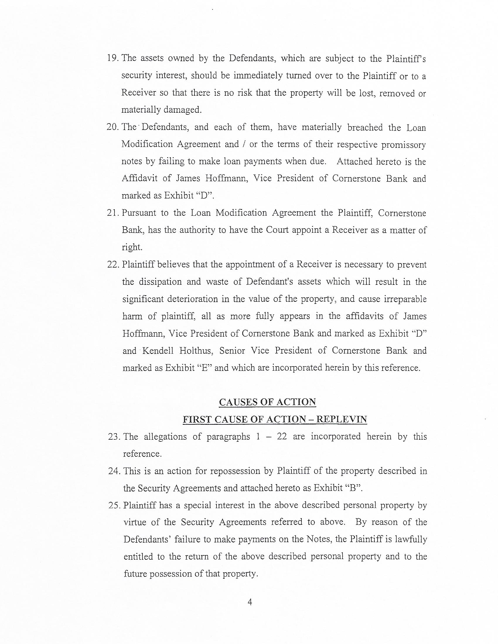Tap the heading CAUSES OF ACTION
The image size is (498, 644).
click(267, 402)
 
